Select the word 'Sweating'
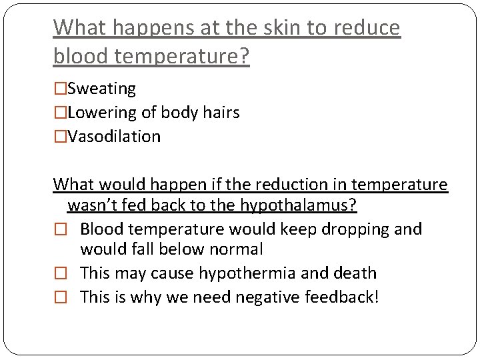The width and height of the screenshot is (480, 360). (x=102, y=89)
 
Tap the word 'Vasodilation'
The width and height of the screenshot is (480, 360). (x=114, y=137)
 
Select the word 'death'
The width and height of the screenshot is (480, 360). (x=355, y=273)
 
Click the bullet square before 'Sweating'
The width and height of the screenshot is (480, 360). (x=60, y=89)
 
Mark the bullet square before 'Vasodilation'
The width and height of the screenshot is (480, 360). (x=60, y=137)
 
